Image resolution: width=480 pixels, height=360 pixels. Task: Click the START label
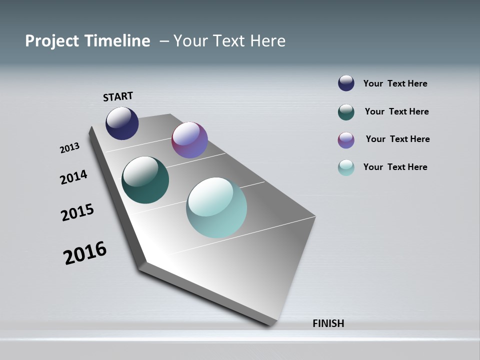tap(118, 96)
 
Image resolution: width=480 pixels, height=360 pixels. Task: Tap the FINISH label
tap(328, 323)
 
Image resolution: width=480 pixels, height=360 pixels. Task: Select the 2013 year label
tap(70, 148)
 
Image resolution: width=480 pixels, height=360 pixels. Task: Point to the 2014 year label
tap(74, 177)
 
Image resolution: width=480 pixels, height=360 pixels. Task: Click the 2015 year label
tap(77, 212)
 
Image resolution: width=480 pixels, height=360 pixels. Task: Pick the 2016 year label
tap(85, 253)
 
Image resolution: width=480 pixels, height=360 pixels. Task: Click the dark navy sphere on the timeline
tap(122, 123)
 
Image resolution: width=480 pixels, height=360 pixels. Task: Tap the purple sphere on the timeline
tap(189, 140)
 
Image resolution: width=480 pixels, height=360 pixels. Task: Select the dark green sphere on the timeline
tap(145, 180)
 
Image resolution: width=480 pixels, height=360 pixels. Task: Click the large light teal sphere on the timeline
tap(216, 207)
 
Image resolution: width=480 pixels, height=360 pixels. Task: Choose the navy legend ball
tap(346, 83)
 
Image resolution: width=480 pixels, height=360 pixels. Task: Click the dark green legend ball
tap(346, 111)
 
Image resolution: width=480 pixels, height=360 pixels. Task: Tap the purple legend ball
tap(346, 140)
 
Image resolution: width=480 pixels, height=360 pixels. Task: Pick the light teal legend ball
tap(346, 167)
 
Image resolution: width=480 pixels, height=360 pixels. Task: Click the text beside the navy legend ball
tap(395, 83)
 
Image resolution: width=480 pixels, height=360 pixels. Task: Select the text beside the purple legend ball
tap(397, 139)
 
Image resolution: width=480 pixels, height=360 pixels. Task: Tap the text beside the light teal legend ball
tap(395, 167)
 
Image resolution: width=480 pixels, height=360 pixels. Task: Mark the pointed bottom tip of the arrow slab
tap(269, 326)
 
